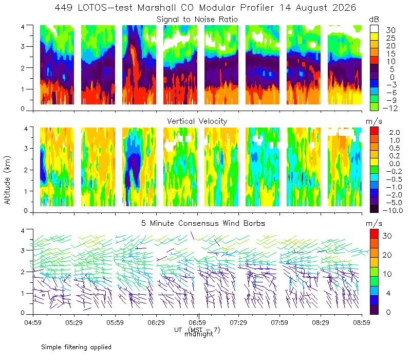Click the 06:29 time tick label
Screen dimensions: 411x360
tap(156, 322)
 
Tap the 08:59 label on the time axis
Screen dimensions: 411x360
tap(362, 322)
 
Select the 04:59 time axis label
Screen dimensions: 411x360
tap(33, 322)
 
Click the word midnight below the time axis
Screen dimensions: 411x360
tap(199, 334)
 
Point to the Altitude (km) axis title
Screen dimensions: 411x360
tap(7, 180)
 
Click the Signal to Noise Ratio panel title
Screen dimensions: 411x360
tap(197, 20)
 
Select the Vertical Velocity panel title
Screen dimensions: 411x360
tap(197, 121)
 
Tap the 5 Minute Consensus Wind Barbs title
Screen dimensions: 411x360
tap(203, 223)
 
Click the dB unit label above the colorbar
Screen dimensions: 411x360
tap(374, 20)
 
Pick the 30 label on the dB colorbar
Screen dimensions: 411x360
tap(390, 30)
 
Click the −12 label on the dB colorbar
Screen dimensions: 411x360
tap(390, 108)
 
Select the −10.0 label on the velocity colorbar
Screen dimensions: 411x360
tap(393, 210)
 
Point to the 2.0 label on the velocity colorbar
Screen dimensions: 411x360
tap(395, 133)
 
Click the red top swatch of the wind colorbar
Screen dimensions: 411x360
tap(374, 234)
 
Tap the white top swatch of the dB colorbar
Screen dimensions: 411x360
tap(374, 29)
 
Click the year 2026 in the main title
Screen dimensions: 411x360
tap(344, 8)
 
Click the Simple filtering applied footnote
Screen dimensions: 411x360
tap(76, 348)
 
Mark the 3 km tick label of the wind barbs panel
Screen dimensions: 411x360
tap(23, 250)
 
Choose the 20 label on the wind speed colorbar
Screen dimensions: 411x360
tap(387, 255)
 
